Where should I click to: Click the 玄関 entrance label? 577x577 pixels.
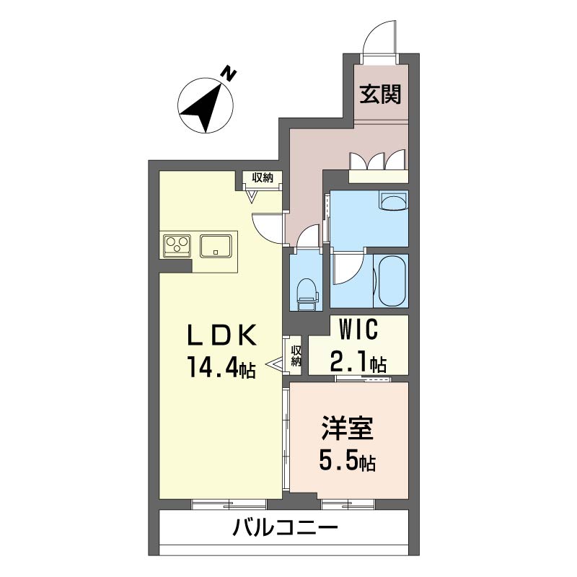[x=380, y=94]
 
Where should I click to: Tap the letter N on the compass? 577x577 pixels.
[x=229, y=74]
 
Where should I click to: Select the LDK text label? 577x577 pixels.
[x=222, y=335]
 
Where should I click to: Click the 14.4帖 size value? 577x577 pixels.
[x=222, y=367]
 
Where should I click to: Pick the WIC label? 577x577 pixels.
[x=358, y=329]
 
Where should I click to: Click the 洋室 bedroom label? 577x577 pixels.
[x=348, y=428]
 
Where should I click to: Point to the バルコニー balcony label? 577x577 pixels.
[x=285, y=529]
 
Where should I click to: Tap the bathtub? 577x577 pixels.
[x=392, y=281]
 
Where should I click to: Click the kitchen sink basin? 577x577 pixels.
[x=216, y=246]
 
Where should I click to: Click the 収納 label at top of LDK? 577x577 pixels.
[x=263, y=178]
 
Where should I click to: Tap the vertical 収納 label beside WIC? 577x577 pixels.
[x=296, y=356]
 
